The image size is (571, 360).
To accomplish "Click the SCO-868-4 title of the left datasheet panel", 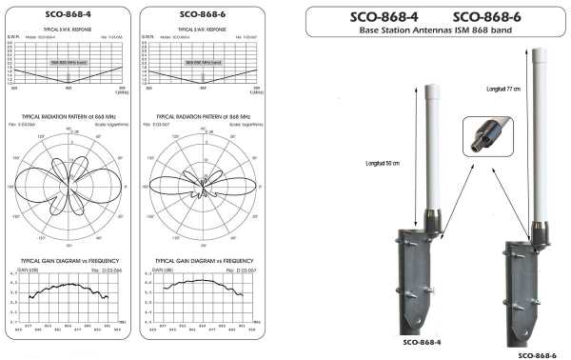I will click(x=69, y=15).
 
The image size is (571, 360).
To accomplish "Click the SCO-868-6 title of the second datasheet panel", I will click(x=196, y=15).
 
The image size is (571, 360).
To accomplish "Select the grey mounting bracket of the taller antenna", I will click(x=533, y=286).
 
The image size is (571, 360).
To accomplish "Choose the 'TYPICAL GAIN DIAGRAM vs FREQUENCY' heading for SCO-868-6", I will click(x=195, y=260).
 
